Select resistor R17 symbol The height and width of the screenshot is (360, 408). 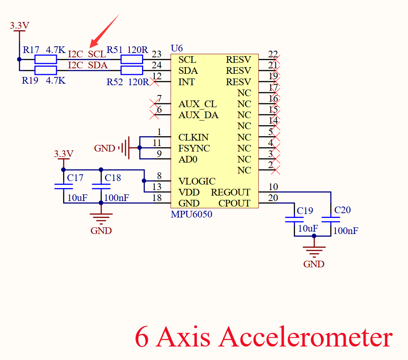click(46, 60)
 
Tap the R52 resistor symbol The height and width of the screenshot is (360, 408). click(131, 71)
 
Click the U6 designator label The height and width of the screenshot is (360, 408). click(177, 49)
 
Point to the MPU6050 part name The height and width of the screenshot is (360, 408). click(191, 214)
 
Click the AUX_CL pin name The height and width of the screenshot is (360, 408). click(197, 104)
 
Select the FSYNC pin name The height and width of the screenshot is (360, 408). click(194, 148)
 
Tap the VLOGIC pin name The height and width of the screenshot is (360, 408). click(197, 181)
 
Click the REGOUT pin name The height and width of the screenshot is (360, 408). click(230, 192)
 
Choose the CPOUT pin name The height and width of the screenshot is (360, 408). click(234, 203)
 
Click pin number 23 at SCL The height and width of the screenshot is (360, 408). click(157, 54)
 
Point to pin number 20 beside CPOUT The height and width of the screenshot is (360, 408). click(273, 198)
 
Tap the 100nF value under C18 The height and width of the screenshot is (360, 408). click(117, 198)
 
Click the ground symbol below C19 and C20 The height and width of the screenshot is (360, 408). click(314, 250)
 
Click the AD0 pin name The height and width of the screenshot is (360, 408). click(188, 159)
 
